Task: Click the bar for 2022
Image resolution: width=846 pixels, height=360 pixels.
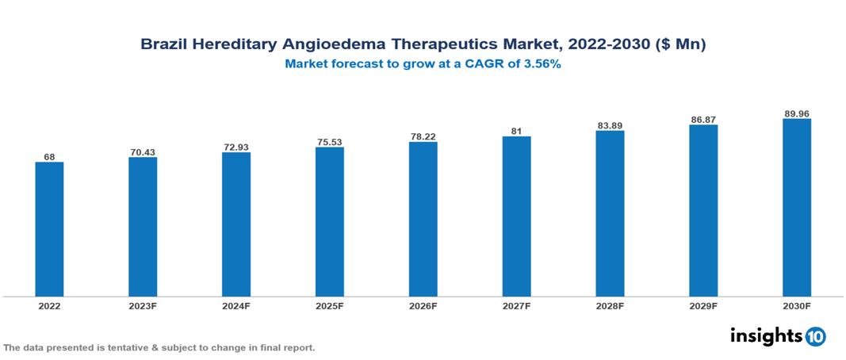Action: coord(49,229)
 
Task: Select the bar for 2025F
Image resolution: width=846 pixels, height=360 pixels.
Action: coord(329,221)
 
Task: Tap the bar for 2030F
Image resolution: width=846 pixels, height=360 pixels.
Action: coord(796,208)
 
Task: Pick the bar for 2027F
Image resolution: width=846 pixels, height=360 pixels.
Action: coord(516,216)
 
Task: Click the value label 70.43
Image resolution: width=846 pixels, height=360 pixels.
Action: coord(143,151)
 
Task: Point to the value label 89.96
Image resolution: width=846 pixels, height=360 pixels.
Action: coord(796,113)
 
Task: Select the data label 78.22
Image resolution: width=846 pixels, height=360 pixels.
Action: coord(423,136)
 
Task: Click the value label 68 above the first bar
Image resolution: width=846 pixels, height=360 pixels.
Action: coord(49,157)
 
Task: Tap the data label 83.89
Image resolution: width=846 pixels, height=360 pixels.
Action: coord(610,125)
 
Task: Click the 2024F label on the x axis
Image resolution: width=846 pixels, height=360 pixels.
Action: coord(235,305)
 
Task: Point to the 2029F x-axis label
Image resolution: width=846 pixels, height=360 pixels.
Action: coord(702,305)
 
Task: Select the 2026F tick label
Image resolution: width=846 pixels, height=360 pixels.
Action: coord(423,305)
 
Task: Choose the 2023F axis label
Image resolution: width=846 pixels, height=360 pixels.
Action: coord(143,305)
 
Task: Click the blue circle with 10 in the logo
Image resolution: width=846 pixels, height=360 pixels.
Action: coord(816,336)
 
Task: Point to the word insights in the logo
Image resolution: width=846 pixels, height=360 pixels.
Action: coord(766,335)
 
